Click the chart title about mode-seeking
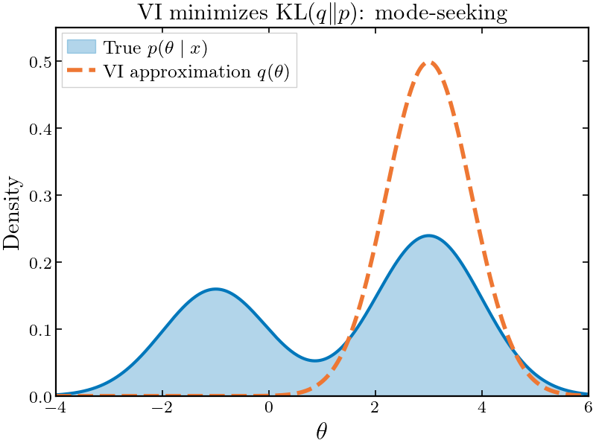click(322, 13)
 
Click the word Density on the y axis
click(13, 212)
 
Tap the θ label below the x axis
click(322, 431)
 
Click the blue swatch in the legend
click(82, 47)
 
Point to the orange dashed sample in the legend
click(82, 72)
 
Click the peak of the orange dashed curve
click(428, 63)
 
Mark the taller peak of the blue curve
click(428, 236)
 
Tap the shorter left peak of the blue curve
click(215, 289)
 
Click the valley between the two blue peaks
click(316, 360)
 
